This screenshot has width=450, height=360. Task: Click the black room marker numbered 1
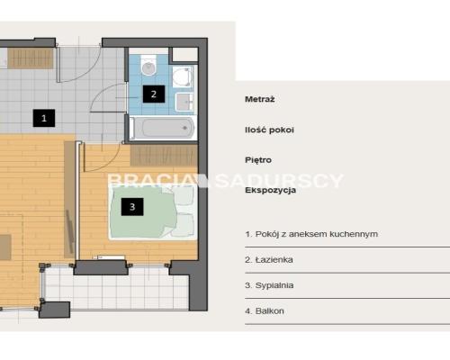44,118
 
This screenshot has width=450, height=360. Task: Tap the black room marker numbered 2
154,94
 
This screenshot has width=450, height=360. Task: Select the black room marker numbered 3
132,207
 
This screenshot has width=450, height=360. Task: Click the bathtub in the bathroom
164,128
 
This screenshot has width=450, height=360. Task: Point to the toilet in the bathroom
148,65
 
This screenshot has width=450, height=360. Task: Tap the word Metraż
260,99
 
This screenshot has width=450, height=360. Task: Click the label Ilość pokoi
269,130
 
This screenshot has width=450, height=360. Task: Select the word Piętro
258,160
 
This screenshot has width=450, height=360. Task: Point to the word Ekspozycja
271,190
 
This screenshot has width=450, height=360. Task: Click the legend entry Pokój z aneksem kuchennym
311,234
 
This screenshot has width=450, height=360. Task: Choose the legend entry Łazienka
269,260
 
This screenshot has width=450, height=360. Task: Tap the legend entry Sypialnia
269,285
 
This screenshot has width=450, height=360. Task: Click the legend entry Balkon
265,311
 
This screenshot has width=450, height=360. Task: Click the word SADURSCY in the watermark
280,181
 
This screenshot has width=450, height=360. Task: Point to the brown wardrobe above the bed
164,156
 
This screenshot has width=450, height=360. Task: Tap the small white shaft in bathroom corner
184,55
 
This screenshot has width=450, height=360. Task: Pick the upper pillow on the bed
184,195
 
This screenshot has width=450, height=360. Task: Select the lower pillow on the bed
184,225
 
